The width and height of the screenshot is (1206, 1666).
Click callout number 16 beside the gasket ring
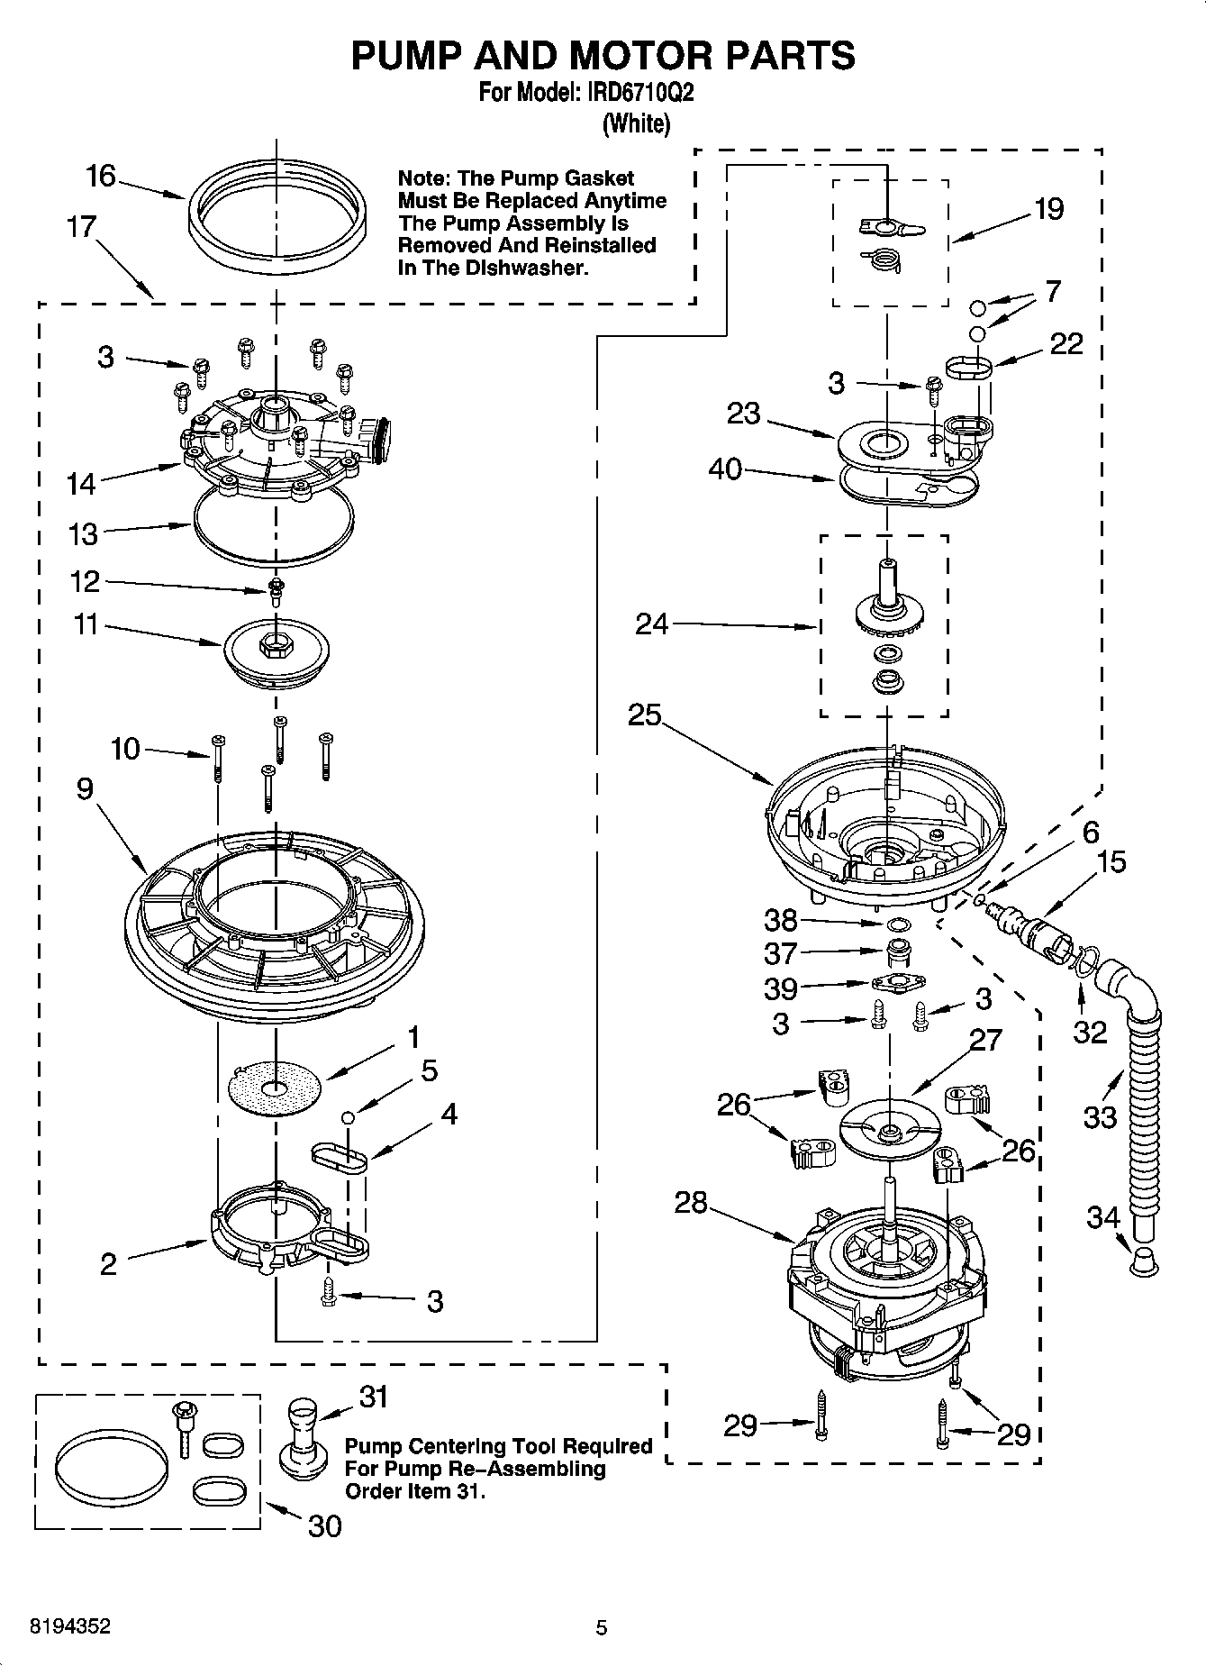click(x=101, y=175)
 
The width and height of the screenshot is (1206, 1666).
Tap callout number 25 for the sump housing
click(x=645, y=715)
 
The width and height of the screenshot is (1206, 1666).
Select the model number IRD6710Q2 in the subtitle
click(x=636, y=92)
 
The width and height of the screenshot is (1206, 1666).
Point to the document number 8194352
click(x=71, y=1626)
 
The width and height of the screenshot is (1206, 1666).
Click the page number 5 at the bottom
click(x=601, y=1627)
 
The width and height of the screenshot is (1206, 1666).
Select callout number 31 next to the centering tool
click(x=374, y=1397)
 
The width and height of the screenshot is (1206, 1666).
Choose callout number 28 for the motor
click(x=691, y=1202)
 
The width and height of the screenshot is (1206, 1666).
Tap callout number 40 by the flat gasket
click(x=725, y=469)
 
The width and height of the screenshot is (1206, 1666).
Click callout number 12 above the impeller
click(x=85, y=581)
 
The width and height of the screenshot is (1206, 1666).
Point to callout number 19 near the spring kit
click(x=1048, y=209)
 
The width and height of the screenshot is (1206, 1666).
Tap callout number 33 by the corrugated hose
click(x=1101, y=1117)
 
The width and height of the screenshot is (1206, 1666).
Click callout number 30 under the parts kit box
click(x=324, y=1525)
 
